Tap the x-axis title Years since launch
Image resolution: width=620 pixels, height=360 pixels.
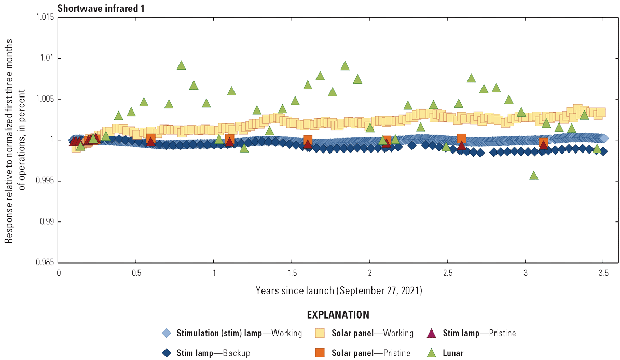point(339,290)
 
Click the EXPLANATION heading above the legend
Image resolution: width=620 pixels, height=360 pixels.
point(338,315)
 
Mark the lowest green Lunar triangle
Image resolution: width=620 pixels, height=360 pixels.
point(533,175)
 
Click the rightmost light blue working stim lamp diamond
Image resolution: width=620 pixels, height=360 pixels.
point(603,138)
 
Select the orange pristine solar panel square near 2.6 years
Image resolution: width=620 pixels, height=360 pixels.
point(461,139)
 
